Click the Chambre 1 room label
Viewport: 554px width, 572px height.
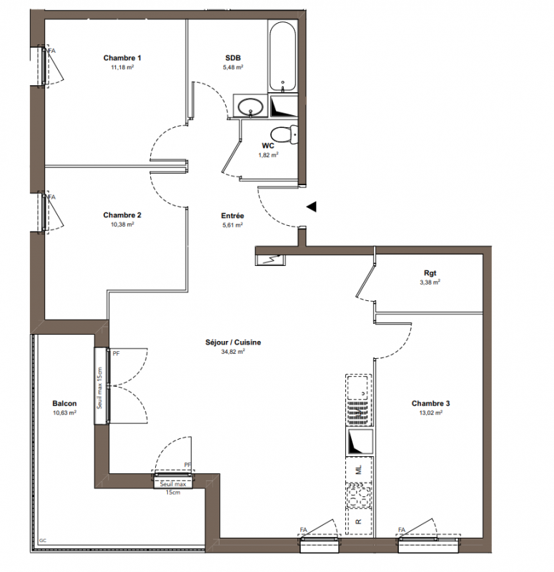(x=122, y=58)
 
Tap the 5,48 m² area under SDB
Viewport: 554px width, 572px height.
(x=233, y=67)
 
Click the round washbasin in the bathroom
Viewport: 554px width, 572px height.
(x=251, y=107)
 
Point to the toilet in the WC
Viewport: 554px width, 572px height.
(x=285, y=134)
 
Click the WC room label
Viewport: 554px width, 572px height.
(x=268, y=146)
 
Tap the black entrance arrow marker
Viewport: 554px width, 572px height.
(x=311, y=207)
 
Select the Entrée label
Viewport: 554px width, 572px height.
(x=232, y=216)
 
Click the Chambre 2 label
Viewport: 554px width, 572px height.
(x=122, y=215)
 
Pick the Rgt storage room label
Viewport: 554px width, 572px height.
(x=430, y=273)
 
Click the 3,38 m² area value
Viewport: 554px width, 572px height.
(x=430, y=282)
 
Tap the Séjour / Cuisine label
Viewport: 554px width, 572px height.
(x=233, y=342)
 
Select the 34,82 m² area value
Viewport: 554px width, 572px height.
(x=233, y=352)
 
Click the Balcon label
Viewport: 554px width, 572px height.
(x=64, y=403)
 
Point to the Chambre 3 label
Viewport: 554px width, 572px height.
(x=431, y=403)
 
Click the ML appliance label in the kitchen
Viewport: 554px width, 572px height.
(x=359, y=470)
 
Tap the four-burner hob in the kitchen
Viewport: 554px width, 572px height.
(x=359, y=495)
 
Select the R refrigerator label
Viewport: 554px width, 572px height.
(x=359, y=522)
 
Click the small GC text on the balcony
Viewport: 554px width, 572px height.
(x=43, y=541)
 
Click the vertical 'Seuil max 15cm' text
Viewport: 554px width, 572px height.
(x=100, y=388)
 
